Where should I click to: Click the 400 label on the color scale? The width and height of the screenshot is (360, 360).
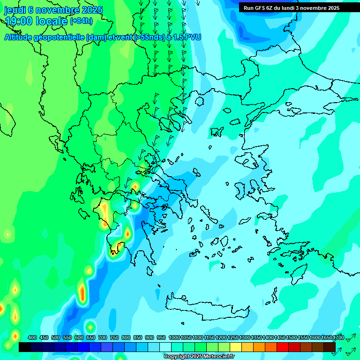pyautogui.click(x=32, y=337)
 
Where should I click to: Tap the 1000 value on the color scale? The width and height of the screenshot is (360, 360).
pyautogui.click(x=174, y=337)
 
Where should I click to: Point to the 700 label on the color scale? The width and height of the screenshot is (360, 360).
pyautogui.click(x=103, y=337)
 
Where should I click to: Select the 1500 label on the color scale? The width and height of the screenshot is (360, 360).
pyautogui.click(x=292, y=337)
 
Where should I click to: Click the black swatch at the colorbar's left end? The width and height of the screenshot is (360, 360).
pyautogui.click(x=25, y=347)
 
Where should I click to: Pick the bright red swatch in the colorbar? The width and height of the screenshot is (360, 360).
pyautogui.click(x=283, y=347)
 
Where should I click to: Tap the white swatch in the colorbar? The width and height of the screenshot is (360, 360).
pyautogui.click(x=165, y=347)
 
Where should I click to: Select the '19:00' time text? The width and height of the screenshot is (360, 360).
pyautogui.click(x=19, y=21)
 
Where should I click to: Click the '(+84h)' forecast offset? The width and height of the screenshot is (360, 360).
pyautogui.click(x=81, y=21)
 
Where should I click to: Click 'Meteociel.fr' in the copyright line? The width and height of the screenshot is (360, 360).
pyautogui.click(x=216, y=357)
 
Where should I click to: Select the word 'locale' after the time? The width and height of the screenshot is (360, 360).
pyautogui.click(x=52, y=21)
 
